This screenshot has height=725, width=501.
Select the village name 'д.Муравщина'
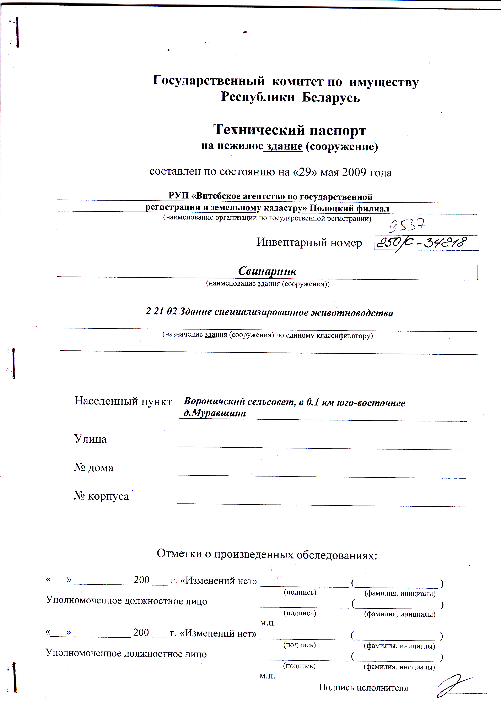coord(215,413)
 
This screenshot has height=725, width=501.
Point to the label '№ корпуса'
coord(101,496)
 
